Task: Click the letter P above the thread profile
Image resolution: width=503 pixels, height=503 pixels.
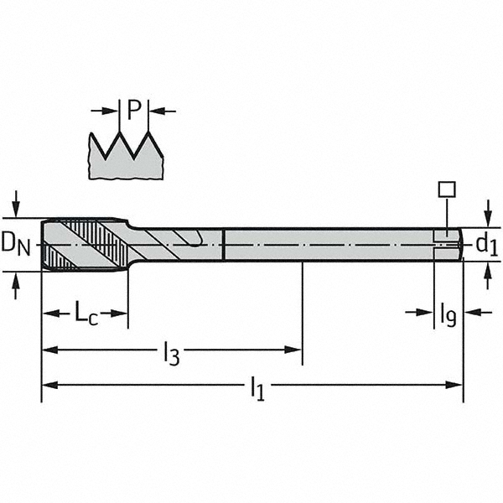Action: pos(134,109)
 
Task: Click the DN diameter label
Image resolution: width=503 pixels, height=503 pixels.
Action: pos(16,243)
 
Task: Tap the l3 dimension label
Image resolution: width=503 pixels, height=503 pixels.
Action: pos(171,353)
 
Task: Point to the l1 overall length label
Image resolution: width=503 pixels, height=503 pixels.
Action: pos(257,387)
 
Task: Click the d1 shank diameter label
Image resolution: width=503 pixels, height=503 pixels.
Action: pos(486,244)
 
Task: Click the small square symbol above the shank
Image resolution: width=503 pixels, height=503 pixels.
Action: pos(447,189)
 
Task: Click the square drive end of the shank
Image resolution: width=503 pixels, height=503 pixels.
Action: pos(449,244)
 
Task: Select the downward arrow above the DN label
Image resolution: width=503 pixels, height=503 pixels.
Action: pos(16,206)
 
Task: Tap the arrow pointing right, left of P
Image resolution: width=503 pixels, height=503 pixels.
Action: pos(107,110)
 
